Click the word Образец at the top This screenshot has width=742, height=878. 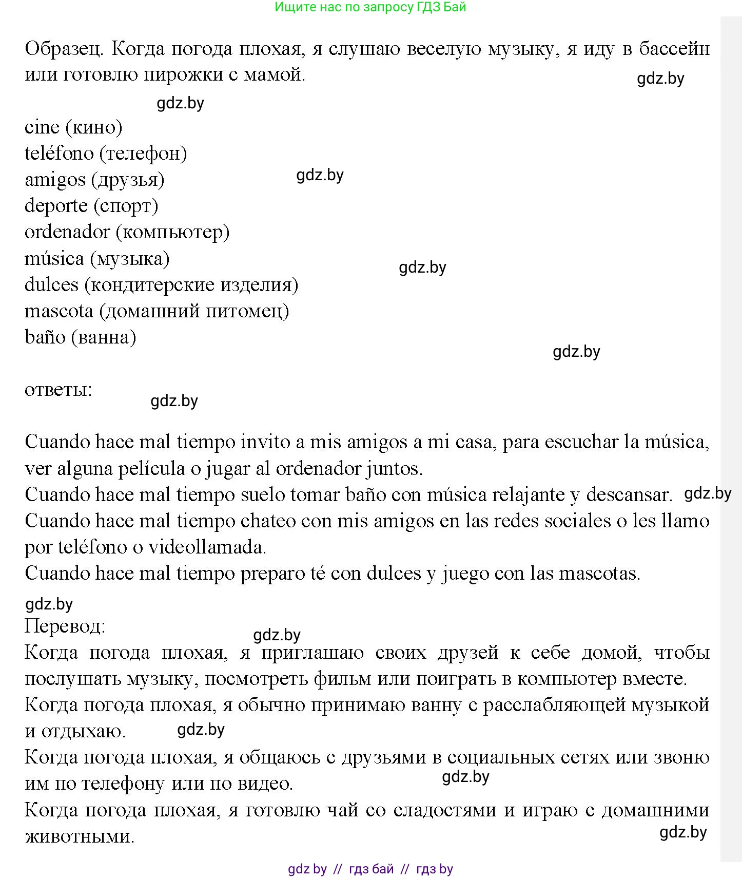(65, 49)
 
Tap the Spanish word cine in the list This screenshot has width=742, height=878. (42, 127)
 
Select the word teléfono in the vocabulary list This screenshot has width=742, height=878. (59, 153)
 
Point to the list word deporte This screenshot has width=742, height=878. (56, 206)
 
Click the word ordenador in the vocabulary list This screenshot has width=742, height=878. (67, 232)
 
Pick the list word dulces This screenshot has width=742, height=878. (51, 284)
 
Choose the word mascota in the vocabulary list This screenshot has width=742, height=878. (59, 311)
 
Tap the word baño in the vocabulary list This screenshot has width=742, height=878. (45, 337)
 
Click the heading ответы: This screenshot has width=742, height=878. (58, 390)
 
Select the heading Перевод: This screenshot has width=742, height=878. (65, 626)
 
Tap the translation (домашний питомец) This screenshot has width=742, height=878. (194, 311)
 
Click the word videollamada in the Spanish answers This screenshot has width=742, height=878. (207, 547)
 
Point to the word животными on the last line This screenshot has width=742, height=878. (80, 836)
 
